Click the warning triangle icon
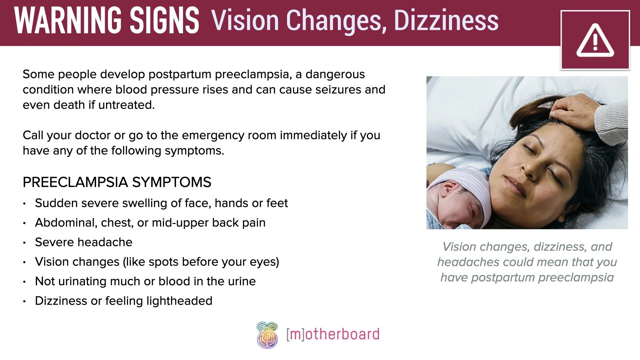595,41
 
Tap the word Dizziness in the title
446,21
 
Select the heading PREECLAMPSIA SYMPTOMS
117,182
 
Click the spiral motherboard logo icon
267,335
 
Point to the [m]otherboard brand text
333,334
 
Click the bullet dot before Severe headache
24,243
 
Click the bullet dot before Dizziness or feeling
24,301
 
